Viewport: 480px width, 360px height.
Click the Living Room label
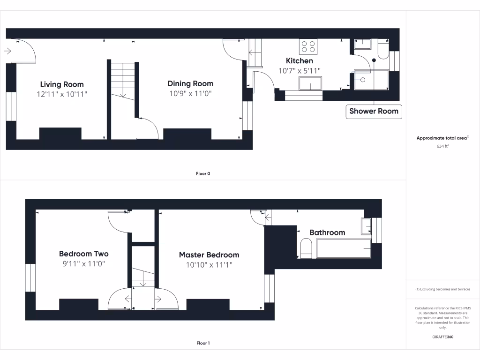(x=62, y=84)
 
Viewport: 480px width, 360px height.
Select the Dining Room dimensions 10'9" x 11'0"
(x=190, y=93)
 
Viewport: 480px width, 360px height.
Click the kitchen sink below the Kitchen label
(x=310, y=83)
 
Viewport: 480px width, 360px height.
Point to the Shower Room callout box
(x=374, y=112)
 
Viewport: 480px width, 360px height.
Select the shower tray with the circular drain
(x=371, y=79)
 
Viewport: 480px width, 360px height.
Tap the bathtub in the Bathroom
(x=344, y=248)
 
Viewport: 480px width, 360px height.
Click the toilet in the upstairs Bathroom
(x=306, y=248)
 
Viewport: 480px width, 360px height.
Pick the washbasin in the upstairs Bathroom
(x=367, y=226)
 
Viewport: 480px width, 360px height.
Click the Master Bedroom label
(x=209, y=255)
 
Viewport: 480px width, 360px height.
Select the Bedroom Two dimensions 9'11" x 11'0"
(x=84, y=264)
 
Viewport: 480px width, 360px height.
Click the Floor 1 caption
(x=203, y=343)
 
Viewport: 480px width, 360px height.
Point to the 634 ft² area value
(x=443, y=146)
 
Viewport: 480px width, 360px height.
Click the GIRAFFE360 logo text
(x=443, y=337)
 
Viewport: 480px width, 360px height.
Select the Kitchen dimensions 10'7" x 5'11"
(x=300, y=71)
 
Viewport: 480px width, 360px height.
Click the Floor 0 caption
(x=203, y=173)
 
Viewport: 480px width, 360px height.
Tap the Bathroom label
(x=327, y=232)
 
